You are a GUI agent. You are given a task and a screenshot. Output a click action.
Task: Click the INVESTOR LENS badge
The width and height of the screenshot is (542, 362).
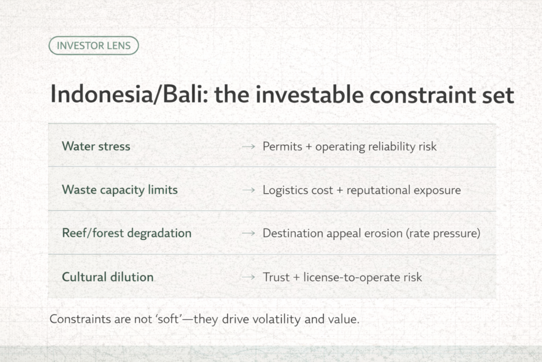pyautogui.click(x=93, y=46)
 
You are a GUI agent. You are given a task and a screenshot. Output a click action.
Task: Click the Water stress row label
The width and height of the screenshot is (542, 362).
pyautogui.click(x=96, y=146)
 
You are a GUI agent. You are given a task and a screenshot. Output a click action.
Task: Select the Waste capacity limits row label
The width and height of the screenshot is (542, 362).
pyautogui.click(x=119, y=190)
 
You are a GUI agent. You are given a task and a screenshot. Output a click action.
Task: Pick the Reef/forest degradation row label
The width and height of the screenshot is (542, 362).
pyautogui.click(x=127, y=233)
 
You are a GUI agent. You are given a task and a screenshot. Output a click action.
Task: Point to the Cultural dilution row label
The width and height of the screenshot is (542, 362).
pyautogui.click(x=107, y=277)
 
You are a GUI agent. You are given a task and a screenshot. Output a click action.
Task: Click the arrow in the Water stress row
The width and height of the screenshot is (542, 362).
pyautogui.click(x=248, y=147)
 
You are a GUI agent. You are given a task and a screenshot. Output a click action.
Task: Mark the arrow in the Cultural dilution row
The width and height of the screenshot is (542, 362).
pyautogui.click(x=248, y=277)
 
